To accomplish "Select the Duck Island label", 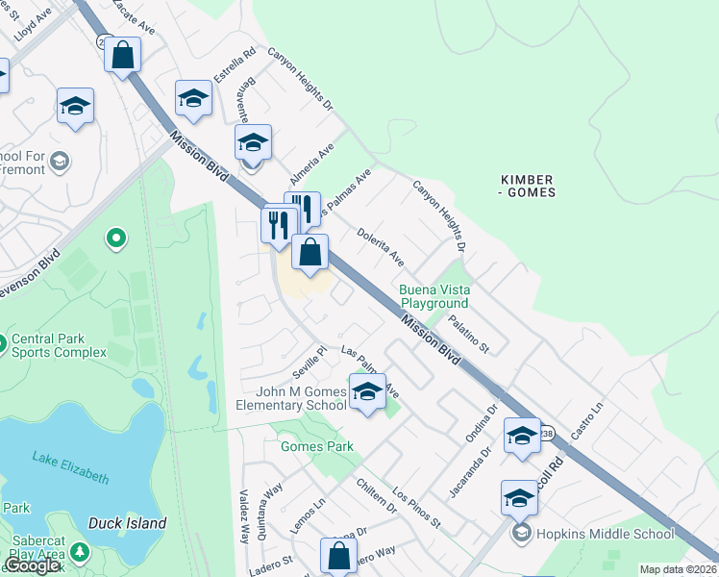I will click(x=127, y=523).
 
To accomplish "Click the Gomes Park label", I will click(x=317, y=446).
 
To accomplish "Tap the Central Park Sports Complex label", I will click(x=59, y=345).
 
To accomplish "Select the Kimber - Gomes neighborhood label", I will click(x=527, y=187).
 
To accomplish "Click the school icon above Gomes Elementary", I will click(x=366, y=390).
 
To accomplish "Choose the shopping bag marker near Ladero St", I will click(x=338, y=555).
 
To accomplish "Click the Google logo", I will click(x=33, y=566).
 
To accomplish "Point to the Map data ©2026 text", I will click(x=678, y=569).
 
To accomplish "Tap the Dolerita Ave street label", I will click(x=381, y=246).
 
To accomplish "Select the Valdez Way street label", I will click(x=244, y=528).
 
